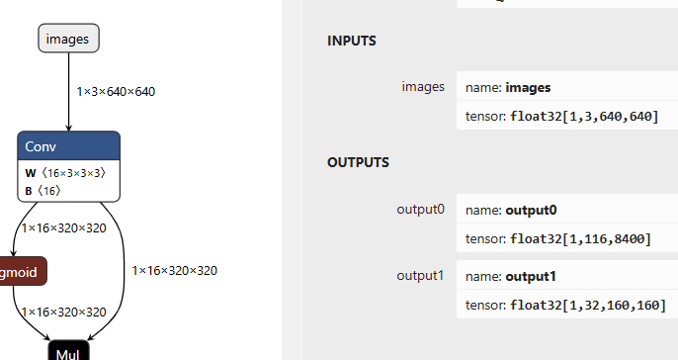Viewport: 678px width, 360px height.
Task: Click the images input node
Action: tap(69, 40)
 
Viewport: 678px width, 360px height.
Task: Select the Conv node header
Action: tap(68, 146)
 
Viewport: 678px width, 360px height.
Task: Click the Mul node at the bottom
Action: tap(68, 351)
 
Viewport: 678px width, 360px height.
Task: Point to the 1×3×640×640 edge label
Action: tap(116, 91)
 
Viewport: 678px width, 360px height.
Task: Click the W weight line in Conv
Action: tap(64, 172)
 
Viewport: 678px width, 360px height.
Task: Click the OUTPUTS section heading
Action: tap(358, 162)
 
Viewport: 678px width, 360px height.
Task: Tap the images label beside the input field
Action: tap(423, 86)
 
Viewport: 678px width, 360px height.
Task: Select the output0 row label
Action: tap(420, 210)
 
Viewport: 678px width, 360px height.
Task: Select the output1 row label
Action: tap(420, 274)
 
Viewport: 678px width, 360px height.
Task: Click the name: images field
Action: tap(509, 87)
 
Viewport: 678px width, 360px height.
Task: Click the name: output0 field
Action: tap(513, 211)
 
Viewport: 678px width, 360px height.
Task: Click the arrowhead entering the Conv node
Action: tap(68, 127)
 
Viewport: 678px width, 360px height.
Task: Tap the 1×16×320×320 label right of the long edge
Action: tap(174, 270)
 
